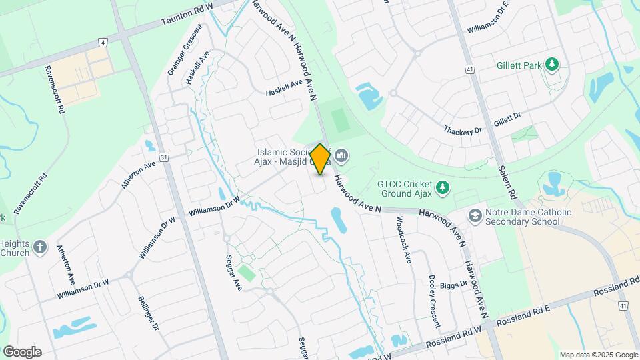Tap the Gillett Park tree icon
click(x=551, y=64)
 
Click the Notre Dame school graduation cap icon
click(x=475, y=216)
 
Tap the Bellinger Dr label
click(x=148, y=313)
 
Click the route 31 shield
click(x=165, y=157)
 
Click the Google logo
click(x=22, y=351)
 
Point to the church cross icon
click(x=40, y=247)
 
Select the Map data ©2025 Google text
click(x=599, y=355)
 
